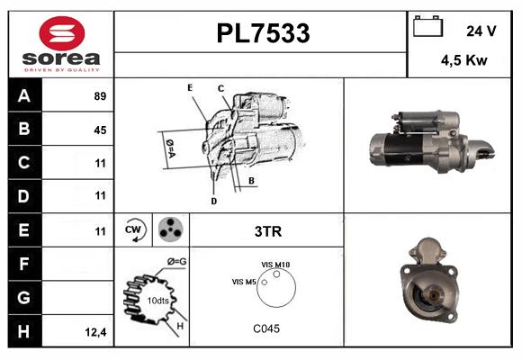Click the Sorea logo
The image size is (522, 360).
[60, 44]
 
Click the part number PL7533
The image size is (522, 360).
[263, 33]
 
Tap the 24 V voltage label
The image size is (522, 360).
[481, 30]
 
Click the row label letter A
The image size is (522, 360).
[24, 96]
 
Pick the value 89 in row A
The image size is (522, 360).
[100, 96]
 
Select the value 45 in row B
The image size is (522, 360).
[100, 130]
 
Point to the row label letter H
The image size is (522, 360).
[24, 331]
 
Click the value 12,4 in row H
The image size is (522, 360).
[96, 332]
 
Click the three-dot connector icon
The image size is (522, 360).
[169, 230]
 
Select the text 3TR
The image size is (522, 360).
[268, 231]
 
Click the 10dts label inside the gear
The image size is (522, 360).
[157, 300]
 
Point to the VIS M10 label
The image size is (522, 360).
[275, 264]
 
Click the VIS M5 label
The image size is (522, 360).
[244, 283]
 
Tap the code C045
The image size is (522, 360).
[266, 328]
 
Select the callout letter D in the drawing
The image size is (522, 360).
[213, 201]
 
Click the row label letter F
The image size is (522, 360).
[24, 265]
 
